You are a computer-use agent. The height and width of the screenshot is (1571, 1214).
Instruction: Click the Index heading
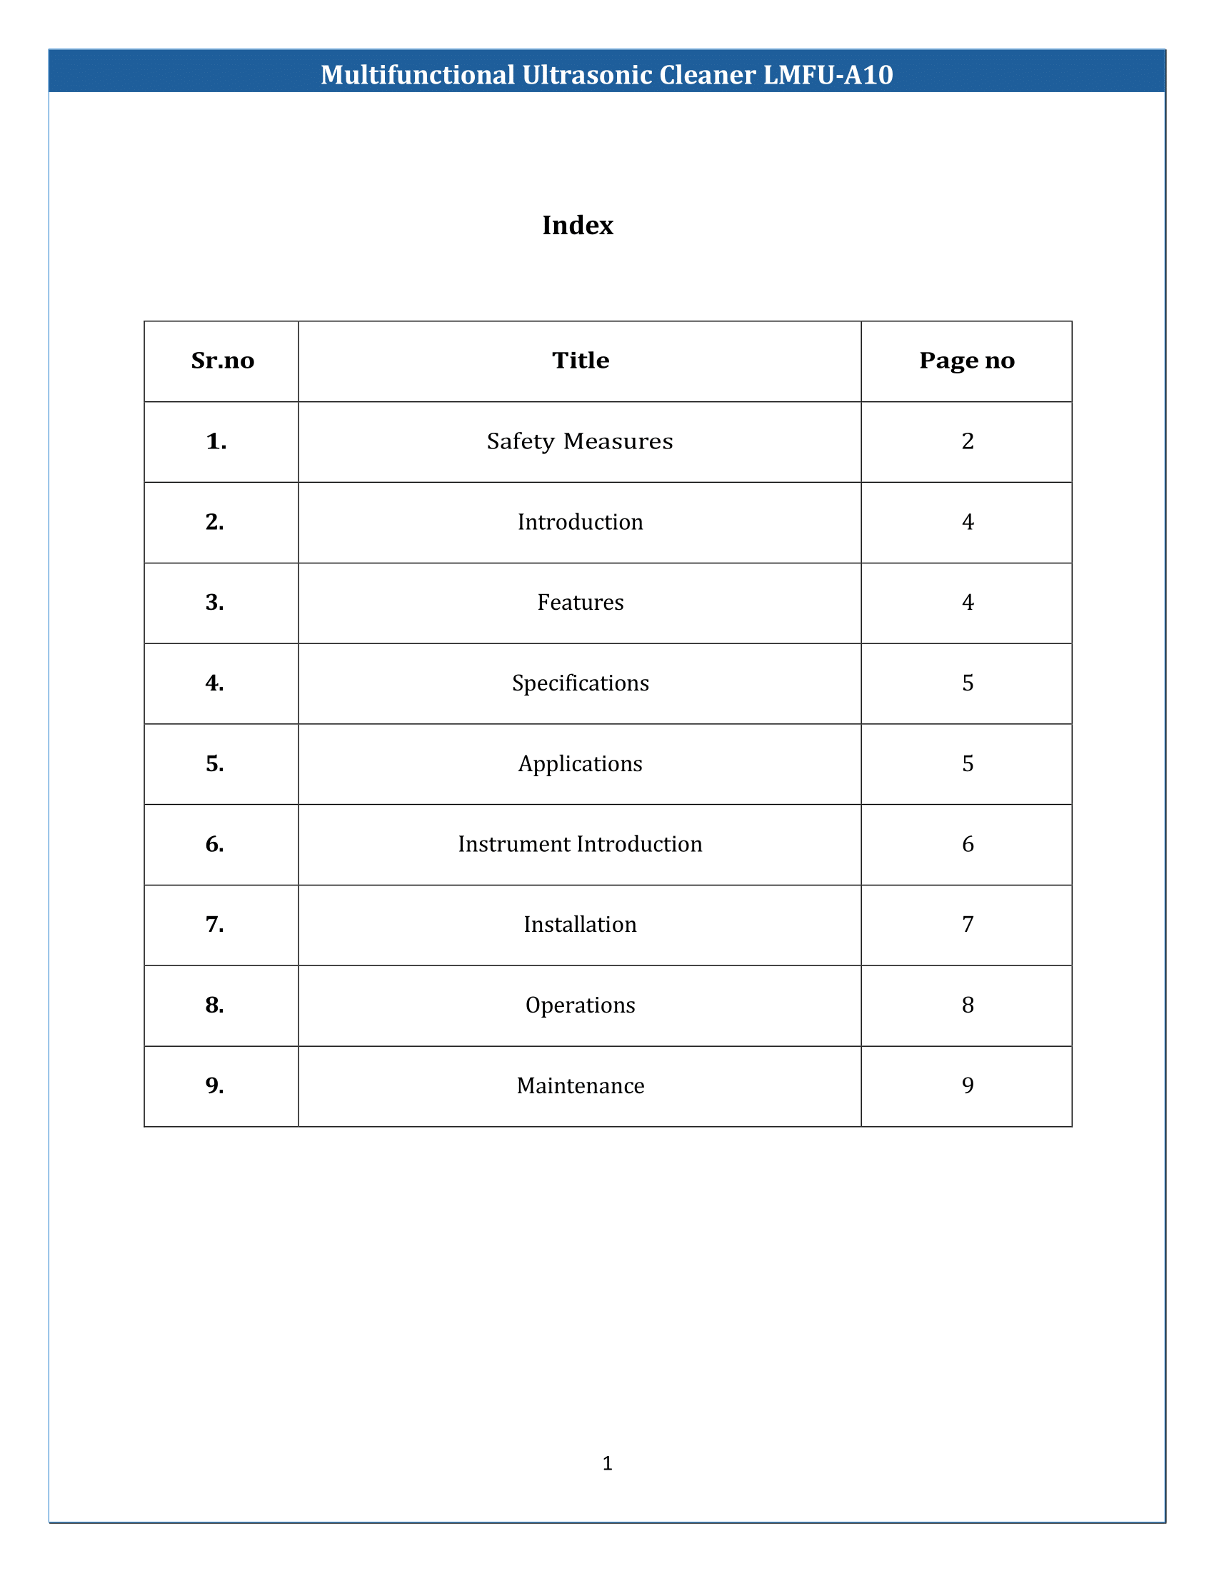coord(578,226)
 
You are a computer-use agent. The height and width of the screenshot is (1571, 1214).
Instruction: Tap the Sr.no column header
coord(222,361)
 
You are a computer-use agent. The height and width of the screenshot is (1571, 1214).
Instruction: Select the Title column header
coord(581,361)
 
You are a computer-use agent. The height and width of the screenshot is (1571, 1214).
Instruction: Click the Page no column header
coord(967,361)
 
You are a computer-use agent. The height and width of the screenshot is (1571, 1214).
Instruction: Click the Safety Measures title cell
coord(580,441)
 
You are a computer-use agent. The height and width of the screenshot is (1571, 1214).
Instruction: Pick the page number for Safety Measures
coord(968,441)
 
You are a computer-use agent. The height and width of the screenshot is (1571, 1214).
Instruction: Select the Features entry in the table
coord(581,602)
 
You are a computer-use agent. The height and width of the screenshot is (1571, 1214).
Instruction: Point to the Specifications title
coord(581,683)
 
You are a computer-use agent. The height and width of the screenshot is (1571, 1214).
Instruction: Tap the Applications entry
coord(581,763)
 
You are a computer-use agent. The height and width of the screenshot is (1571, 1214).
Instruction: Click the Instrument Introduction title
coord(580,844)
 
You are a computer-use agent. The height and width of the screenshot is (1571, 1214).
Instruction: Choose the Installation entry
coord(580,924)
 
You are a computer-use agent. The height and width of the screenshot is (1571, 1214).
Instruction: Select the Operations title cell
coord(581,1005)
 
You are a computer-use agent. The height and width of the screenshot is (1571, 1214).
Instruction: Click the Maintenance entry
coord(581,1085)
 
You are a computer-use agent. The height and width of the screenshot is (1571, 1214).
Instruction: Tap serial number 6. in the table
coord(214,844)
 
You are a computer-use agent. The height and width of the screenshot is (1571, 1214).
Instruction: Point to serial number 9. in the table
coord(214,1085)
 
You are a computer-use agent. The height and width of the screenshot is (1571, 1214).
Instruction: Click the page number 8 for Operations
coord(968,1005)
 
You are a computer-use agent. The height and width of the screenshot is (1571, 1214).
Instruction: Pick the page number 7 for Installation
coord(968,924)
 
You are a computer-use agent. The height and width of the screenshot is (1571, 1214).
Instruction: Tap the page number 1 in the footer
coord(607,1463)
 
